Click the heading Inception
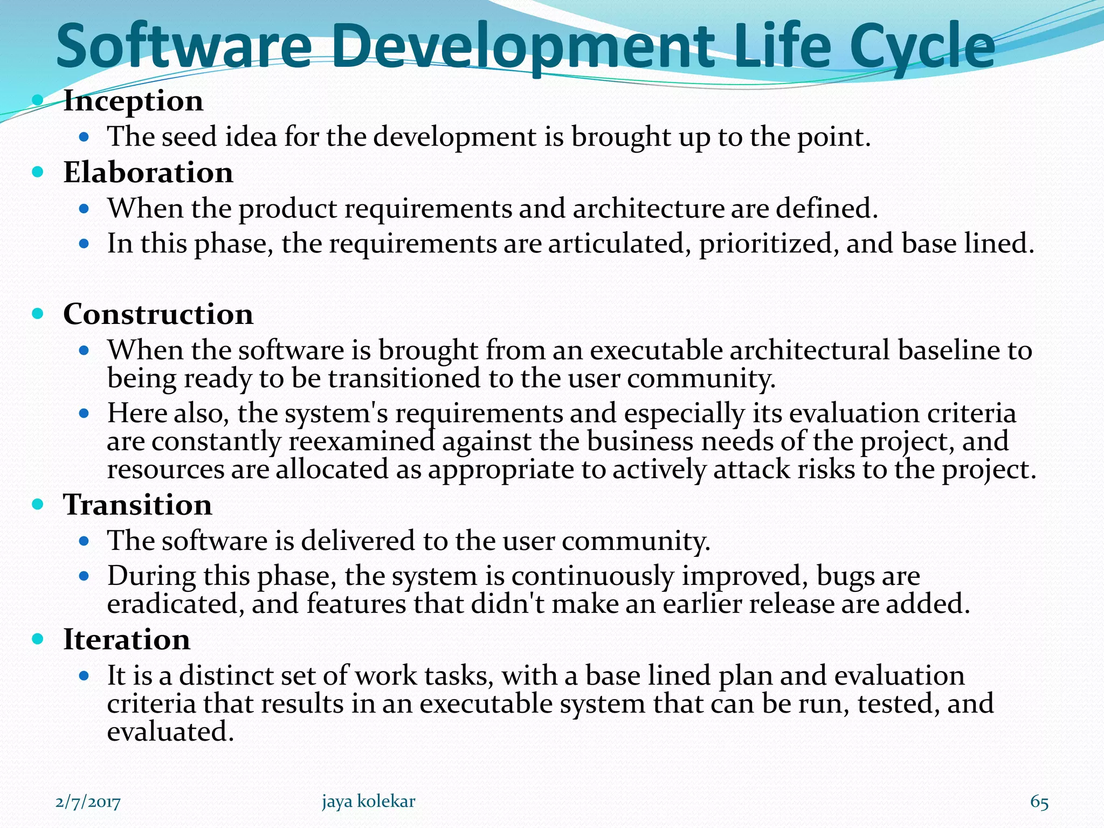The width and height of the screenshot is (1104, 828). pyautogui.click(x=133, y=101)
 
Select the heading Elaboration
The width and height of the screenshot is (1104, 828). pyautogui.click(x=148, y=173)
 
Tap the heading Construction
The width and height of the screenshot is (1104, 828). pyautogui.click(x=158, y=314)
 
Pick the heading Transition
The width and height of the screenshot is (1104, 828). pyautogui.click(x=137, y=505)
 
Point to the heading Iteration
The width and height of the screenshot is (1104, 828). pyautogui.click(x=127, y=640)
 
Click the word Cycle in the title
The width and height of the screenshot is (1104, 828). pyautogui.click(x=922, y=47)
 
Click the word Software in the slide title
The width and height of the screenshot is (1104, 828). pyautogui.click(x=183, y=47)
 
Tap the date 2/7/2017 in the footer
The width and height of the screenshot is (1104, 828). pyautogui.click(x=88, y=802)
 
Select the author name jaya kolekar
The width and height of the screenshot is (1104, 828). pyautogui.click(x=368, y=801)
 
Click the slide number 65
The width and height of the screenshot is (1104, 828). pyautogui.click(x=1039, y=802)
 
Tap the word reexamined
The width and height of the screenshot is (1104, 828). pyautogui.click(x=361, y=442)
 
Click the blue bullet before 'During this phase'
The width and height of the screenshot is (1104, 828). pyautogui.click(x=83, y=576)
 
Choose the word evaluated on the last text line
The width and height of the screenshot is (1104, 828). pyautogui.click(x=170, y=732)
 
